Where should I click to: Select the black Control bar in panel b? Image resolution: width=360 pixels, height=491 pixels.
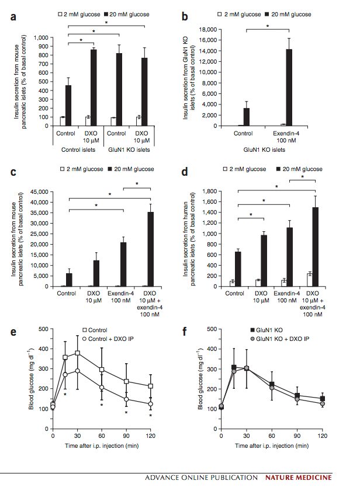tap(247, 117)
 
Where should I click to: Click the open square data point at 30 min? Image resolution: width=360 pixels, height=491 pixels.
tap(77, 353)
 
